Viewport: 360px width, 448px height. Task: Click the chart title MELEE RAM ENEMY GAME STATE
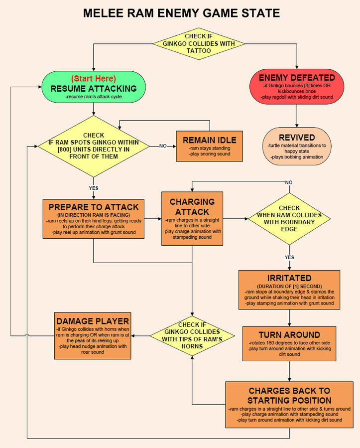(x=180, y=13)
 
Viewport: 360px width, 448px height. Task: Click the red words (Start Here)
(x=94, y=79)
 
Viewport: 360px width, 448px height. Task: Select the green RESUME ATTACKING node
(x=94, y=88)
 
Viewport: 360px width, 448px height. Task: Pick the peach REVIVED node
(x=297, y=146)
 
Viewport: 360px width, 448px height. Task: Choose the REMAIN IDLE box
(x=209, y=146)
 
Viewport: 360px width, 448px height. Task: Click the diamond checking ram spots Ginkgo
(x=94, y=146)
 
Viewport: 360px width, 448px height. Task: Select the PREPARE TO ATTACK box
(x=94, y=221)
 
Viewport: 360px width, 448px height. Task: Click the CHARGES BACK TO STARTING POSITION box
(x=289, y=404)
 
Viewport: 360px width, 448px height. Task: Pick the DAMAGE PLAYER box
(x=93, y=335)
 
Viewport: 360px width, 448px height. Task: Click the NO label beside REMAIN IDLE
(x=163, y=146)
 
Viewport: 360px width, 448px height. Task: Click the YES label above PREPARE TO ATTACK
(x=94, y=189)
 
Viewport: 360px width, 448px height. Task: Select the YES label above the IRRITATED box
(x=289, y=258)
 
